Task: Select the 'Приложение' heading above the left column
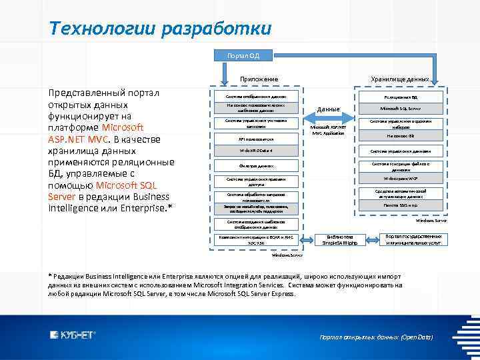[x=259, y=79]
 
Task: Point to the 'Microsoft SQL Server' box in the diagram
[x=401, y=108]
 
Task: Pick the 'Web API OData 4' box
[x=256, y=151]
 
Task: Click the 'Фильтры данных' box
[x=256, y=165]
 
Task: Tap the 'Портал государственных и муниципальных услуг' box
[x=413, y=240]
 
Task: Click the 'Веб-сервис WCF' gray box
[x=401, y=179]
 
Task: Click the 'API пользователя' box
[x=256, y=139]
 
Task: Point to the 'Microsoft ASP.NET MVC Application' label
[x=328, y=130]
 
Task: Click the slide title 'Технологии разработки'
[x=160, y=29]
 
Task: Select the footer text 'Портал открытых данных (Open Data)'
[x=377, y=337]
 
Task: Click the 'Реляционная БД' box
[x=401, y=97]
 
